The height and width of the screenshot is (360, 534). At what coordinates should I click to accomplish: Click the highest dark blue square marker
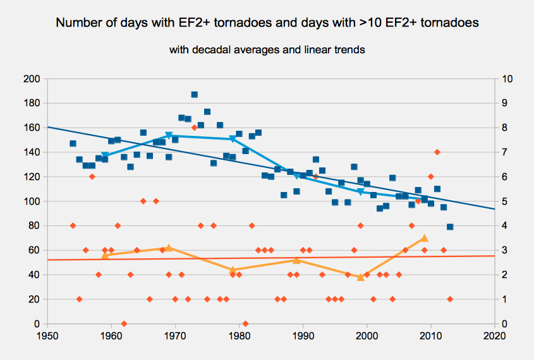click(194, 95)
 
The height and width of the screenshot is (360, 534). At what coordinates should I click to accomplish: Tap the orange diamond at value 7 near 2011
click(437, 152)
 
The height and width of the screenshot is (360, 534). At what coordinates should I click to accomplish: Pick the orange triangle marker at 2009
click(424, 238)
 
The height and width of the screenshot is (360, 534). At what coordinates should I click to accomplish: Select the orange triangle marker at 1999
click(360, 277)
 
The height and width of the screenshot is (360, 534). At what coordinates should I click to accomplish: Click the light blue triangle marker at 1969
click(169, 135)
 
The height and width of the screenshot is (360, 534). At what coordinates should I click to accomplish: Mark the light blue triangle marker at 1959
click(105, 155)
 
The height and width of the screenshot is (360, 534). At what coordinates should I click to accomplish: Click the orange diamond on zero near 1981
click(245, 323)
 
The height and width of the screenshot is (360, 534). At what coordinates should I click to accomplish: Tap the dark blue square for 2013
click(450, 227)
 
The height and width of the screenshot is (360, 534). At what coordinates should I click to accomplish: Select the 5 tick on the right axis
click(503, 201)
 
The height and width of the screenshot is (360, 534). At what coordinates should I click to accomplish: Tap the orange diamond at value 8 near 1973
click(194, 128)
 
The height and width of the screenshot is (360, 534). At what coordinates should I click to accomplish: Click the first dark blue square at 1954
click(73, 143)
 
